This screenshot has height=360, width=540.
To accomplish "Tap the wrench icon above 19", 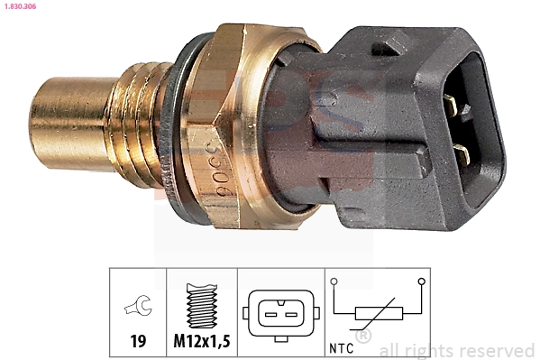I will tap(138, 309).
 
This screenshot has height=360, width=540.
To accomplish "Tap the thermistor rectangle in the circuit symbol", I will tap(377, 314).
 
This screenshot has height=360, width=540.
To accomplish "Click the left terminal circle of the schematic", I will tap(334, 282).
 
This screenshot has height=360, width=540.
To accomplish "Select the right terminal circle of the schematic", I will tap(420, 282).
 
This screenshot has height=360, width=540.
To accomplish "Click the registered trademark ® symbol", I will tap(363, 337).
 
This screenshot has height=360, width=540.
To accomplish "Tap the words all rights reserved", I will tap(457, 350).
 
